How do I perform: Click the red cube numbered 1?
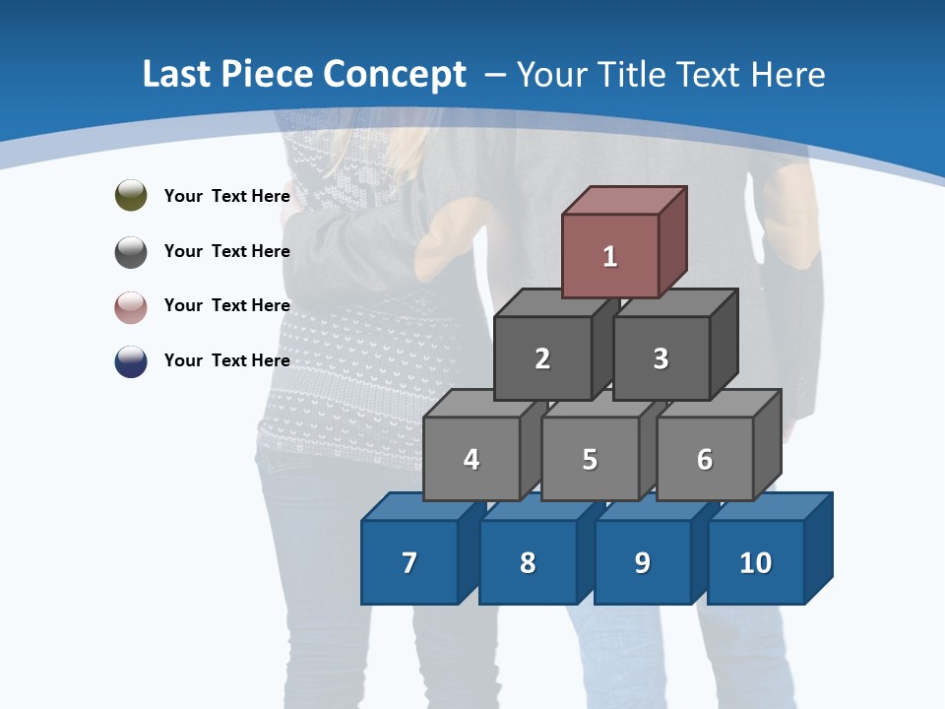coord(610,256)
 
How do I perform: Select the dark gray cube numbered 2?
coord(542,358)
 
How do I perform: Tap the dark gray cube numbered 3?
coord(661,358)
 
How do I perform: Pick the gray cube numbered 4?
coord(472,459)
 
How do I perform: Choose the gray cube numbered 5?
coord(590,459)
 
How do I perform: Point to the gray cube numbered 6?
coord(705,459)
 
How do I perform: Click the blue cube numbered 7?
coord(409,562)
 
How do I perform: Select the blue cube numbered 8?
coord(528,562)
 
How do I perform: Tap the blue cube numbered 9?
coord(642,562)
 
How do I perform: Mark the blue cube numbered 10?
coord(756,562)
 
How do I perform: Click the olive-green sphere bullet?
coord(131,195)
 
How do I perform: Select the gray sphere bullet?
coord(131,251)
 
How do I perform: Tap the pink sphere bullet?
coord(131,306)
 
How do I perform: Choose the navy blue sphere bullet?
coord(131,360)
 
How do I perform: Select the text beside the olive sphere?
coord(226,196)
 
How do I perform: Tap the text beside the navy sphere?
coord(226,360)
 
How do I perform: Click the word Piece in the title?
coord(262,75)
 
